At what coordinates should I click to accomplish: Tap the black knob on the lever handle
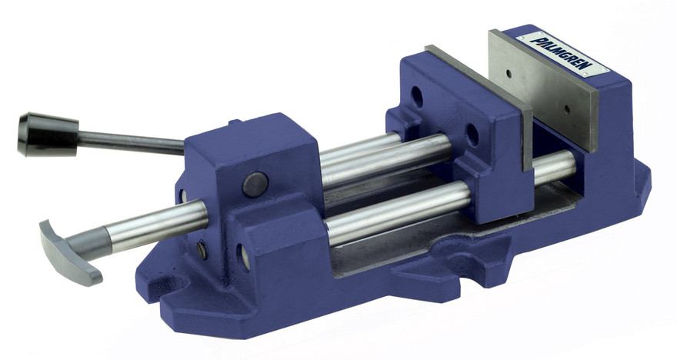(x=46, y=134)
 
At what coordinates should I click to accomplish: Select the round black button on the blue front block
(x=255, y=183)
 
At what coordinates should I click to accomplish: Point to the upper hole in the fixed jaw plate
(x=508, y=75)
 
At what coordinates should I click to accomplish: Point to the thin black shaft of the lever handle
(x=131, y=141)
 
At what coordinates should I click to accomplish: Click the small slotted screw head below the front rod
(x=202, y=249)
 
